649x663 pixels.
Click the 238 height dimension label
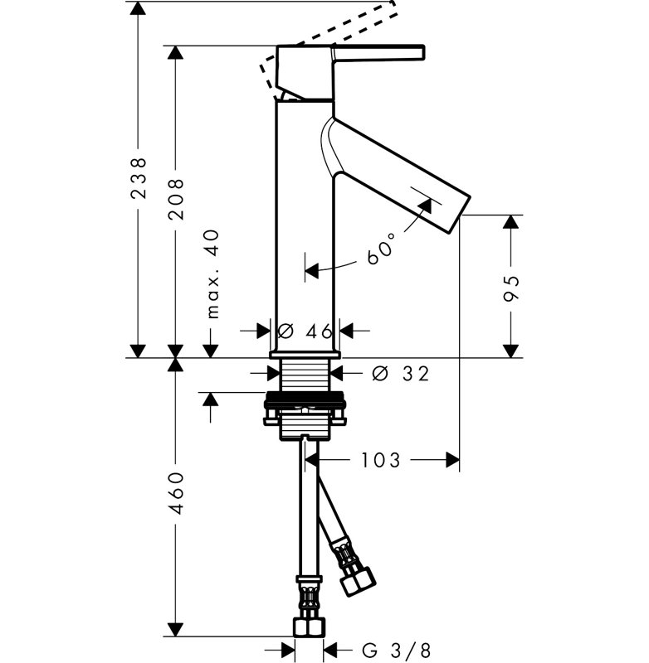[x=139, y=178]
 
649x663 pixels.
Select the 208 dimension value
[x=176, y=199]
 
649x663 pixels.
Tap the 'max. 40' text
[x=214, y=274]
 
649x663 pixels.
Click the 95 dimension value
[x=510, y=288]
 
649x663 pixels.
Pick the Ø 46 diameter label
[x=305, y=331]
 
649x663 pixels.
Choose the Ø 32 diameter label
[x=401, y=374]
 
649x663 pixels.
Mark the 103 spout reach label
[x=380, y=460]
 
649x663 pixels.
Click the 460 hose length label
[x=176, y=493]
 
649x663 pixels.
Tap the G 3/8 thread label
[x=397, y=650]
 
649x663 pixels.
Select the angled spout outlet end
[x=460, y=215]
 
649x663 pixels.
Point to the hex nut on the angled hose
[x=359, y=583]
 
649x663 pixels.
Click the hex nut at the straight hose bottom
[x=309, y=627]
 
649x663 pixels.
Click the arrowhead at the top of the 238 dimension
[x=138, y=8]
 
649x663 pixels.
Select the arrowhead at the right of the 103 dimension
[x=453, y=460]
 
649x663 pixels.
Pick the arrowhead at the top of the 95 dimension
[x=511, y=222]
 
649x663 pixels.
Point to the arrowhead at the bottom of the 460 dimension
[x=176, y=629]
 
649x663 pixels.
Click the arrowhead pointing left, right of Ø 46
[x=347, y=331]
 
